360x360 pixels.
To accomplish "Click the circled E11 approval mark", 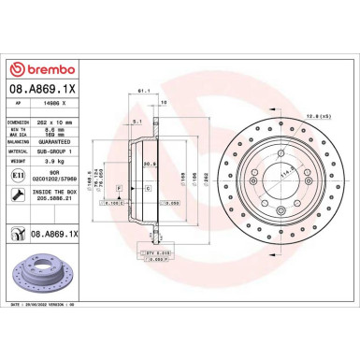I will pyautogui.click(x=20, y=176).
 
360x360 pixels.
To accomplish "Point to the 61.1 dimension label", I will pyautogui.click(x=144, y=91).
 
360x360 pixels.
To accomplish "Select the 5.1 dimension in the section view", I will pyautogui.click(x=137, y=121).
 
